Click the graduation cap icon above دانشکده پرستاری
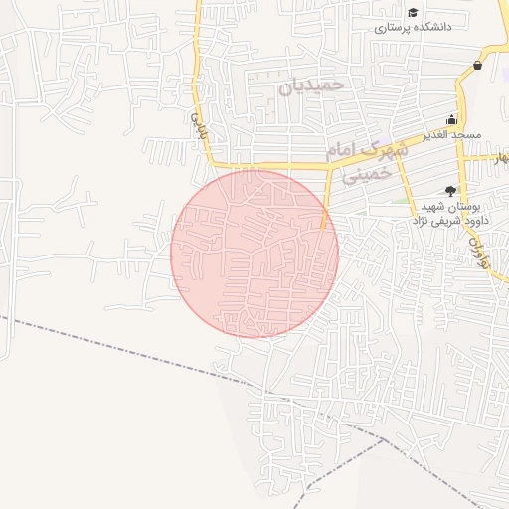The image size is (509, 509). coord(413,13)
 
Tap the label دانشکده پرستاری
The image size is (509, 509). coord(413,28)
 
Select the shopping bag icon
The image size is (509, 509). coord(478,66)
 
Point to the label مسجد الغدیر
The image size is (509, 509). coord(452,134)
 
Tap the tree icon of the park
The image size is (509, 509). coord(450,190)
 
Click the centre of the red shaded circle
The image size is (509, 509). coord(254,254)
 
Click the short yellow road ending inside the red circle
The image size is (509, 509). coord(326,209)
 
